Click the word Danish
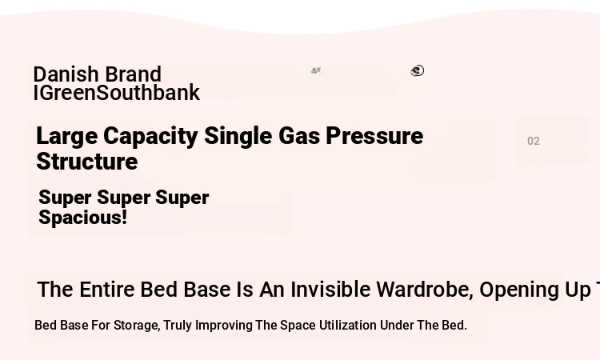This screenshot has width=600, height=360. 66,74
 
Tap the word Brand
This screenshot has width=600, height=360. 133,74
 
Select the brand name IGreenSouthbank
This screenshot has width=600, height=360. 117,93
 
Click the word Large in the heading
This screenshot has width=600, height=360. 66,137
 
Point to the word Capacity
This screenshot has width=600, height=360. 150,137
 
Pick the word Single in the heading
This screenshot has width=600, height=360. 238,137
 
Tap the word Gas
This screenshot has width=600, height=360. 299,136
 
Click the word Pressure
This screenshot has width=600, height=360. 374,136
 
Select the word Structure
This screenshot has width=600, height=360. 87,162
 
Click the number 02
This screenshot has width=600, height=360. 534,141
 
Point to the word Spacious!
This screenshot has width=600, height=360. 82,218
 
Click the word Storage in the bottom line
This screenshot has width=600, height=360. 137,326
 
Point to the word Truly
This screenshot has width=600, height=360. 178,326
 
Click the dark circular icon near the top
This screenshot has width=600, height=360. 418,70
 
